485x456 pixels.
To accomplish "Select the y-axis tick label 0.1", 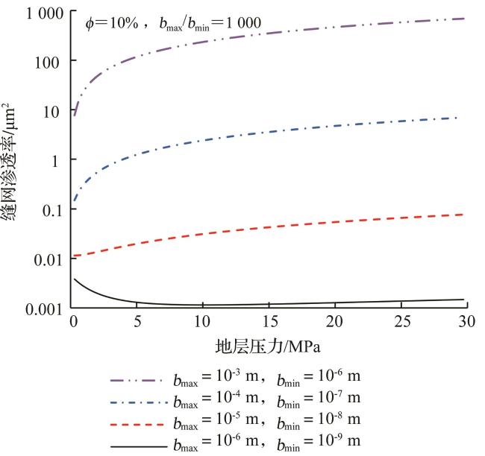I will [52, 209].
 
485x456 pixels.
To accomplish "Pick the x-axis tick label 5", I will [138, 322].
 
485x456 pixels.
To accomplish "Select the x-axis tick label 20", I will [335, 322].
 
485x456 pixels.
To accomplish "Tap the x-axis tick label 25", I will [401, 322].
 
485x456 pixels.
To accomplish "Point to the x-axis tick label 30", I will [466, 322].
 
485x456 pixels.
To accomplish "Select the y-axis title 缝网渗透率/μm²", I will [13, 160].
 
